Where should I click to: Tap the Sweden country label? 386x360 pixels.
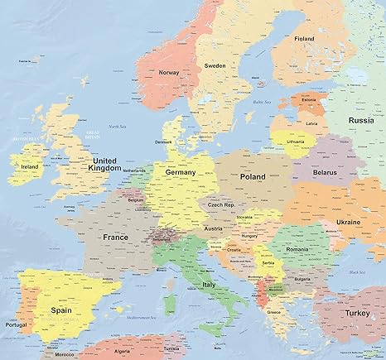point(215,65)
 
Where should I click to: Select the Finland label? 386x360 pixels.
point(305,38)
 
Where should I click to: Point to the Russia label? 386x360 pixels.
point(360,120)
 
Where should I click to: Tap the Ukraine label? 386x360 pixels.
point(349,223)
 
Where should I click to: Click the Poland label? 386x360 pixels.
point(252,177)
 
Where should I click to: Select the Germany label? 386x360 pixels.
point(181,172)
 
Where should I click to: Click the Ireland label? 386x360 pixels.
point(29,166)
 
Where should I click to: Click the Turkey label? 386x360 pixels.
point(361,314)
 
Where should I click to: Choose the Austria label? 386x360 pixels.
point(214,228)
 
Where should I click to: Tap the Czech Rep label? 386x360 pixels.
point(220,204)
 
